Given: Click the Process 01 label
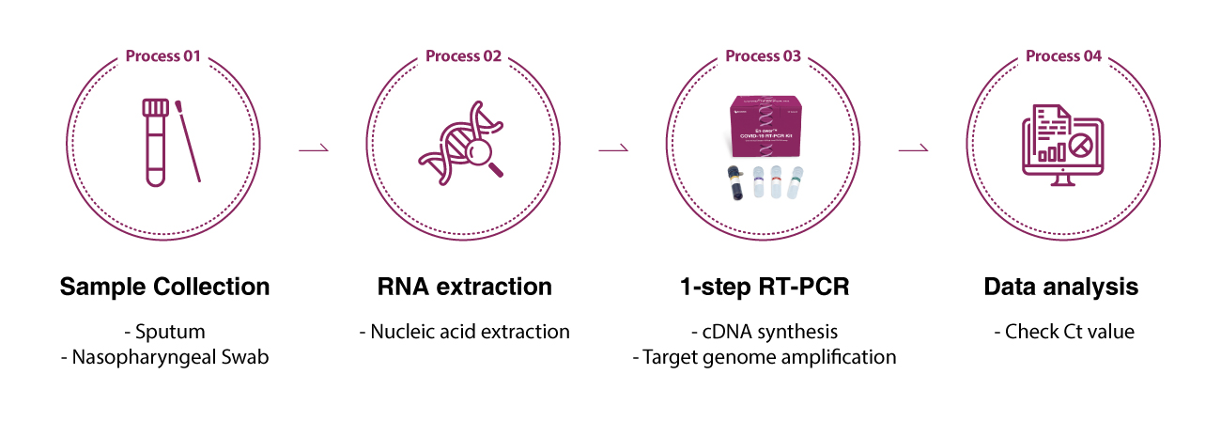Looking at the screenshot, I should pos(163,56).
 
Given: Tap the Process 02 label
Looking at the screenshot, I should pos(463,56).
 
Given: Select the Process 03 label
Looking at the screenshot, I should pos(764,56).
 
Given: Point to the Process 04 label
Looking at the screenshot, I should pos(1063,56).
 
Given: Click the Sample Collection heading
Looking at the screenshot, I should pos(164,287).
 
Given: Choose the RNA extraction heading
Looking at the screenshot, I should pos(464,287).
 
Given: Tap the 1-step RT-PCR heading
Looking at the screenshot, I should pos(764,287).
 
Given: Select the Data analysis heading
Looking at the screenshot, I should pos(1061,287).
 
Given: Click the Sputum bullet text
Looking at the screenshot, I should pos(164,332).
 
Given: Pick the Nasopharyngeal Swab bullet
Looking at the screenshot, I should pos(164,357).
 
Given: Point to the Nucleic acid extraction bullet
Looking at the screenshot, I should pos(464,332).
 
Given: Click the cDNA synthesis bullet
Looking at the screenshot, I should pos(764,332).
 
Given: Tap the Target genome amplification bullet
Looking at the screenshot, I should pos(764,357).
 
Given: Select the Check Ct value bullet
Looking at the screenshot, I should pos(1063,332).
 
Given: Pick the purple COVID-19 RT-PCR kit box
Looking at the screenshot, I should pos(764,127).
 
